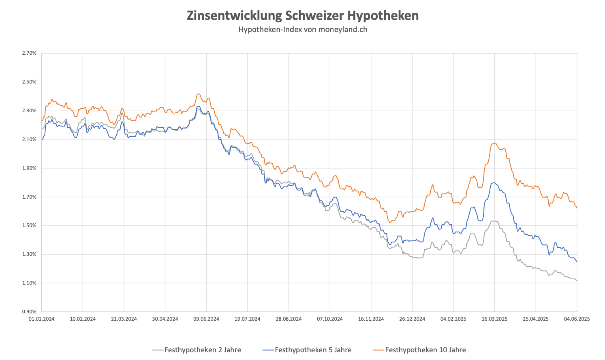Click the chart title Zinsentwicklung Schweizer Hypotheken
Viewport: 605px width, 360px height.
pyautogui.click(x=302, y=15)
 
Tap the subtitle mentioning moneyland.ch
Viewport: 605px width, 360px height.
pyautogui.click(x=302, y=29)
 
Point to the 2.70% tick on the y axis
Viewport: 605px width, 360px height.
pyautogui.click(x=30, y=53)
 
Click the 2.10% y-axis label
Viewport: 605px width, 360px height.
pyautogui.click(x=30, y=139)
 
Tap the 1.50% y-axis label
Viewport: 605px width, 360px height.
pyautogui.click(x=30, y=225)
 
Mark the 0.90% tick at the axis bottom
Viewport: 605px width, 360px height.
pyautogui.click(x=30, y=312)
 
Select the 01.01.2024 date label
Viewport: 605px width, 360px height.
pyautogui.click(x=42, y=319)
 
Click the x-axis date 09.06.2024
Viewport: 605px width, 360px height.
pyautogui.click(x=206, y=319)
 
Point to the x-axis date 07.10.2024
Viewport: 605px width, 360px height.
pyautogui.click(x=330, y=319)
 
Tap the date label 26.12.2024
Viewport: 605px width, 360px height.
pyautogui.click(x=412, y=319)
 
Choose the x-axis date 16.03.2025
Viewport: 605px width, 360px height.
pyautogui.click(x=494, y=319)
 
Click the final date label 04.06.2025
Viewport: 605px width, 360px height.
pyautogui.click(x=577, y=319)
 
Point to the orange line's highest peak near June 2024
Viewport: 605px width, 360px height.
pyautogui.click(x=198, y=94)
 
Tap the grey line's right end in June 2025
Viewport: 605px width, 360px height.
pyautogui.click(x=577, y=281)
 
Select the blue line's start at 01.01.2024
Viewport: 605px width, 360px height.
pyautogui.click(x=42, y=139)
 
